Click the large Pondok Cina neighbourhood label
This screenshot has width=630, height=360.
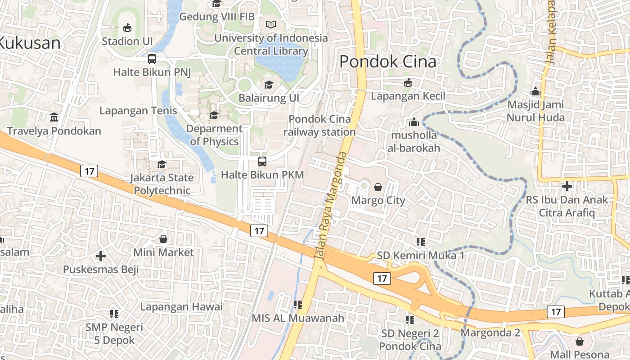click(387, 62)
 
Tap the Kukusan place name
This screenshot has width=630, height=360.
click(30, 43)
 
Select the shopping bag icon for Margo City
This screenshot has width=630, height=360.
click(378, 187)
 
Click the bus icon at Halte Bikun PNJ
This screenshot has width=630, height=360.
click(152, 58)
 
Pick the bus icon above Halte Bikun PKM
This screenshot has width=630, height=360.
click(262, 161)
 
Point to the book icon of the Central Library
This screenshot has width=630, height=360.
click(271, 25)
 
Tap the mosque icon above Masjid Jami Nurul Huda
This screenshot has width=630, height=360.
click(535, 91)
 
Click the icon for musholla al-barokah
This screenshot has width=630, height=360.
click(414, 122)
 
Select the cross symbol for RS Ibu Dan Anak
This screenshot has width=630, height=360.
click(567, 186)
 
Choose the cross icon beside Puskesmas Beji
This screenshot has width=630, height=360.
click(101, 256)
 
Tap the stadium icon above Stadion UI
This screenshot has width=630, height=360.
click(127, 28)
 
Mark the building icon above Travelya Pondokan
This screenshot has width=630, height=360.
click(54, 117)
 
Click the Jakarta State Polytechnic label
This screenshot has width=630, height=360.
click(162, 184)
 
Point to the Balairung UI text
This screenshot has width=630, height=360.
click(269, 98)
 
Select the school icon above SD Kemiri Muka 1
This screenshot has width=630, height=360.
click(421, 242)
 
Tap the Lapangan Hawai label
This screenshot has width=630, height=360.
click(181, 307)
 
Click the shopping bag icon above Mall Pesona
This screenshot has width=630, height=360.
click(579, 342)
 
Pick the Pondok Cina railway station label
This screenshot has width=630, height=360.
click(319, 126)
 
